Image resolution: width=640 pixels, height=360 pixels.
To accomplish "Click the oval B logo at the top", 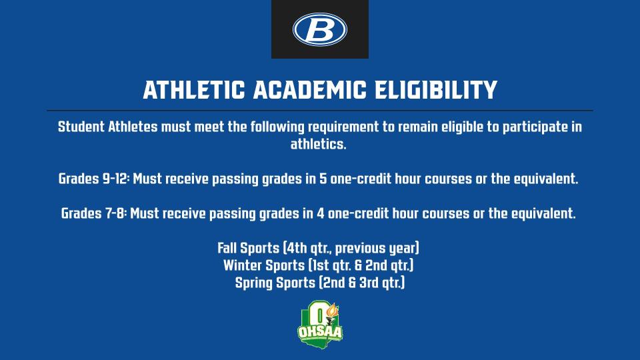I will click(x=319, y=29).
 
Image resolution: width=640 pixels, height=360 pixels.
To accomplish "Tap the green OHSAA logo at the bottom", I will click(x=319, y=323).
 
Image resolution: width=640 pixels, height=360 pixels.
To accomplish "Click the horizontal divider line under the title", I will click(x=319, y=110).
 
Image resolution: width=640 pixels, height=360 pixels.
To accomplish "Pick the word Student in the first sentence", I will click(x=81, y=127).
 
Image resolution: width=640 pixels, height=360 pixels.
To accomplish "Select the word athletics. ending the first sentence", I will click(x=319, y=144).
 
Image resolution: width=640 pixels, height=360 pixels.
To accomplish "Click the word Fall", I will click(x=229, y=249).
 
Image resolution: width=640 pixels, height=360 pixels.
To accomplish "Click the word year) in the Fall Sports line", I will click(x=406, y=249).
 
